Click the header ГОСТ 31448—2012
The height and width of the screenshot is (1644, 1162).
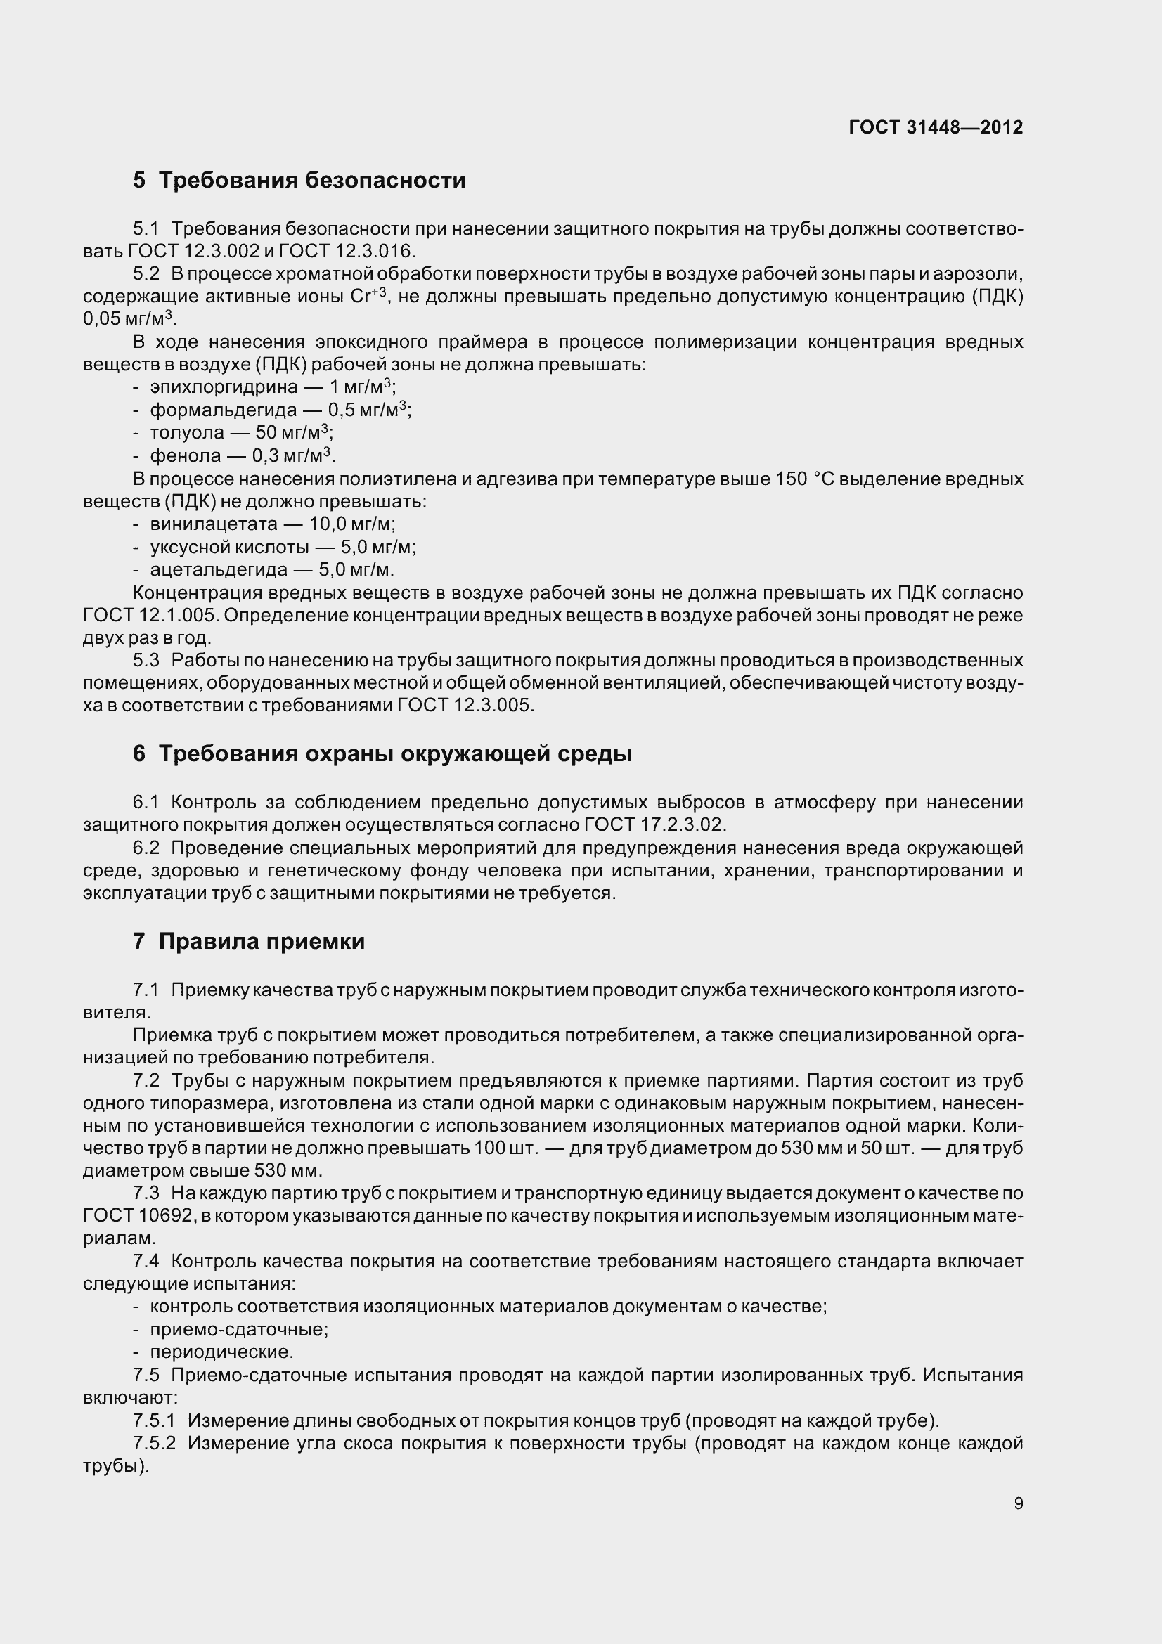click(x=936, y=127)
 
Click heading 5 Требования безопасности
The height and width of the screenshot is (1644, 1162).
click(x=299, y=180)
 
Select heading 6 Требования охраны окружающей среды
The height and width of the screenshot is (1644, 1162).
click(x=382, y=754)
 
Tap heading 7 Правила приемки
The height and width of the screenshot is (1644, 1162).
click(x=248, y=941)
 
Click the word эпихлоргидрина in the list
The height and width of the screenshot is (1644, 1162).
click(x=224, y=387)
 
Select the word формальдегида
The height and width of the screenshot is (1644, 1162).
click(x=223, y=410)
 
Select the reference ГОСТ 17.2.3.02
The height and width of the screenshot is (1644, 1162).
click(x=654, y=825)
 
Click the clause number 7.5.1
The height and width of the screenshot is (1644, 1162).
click(x=154, y=1420)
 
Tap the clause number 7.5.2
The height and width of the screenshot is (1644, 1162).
click(x=154, y=1444)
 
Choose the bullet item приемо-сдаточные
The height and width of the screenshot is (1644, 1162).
click(x=239, y=1330)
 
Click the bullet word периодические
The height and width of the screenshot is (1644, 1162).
click(x=221, y=1352)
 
